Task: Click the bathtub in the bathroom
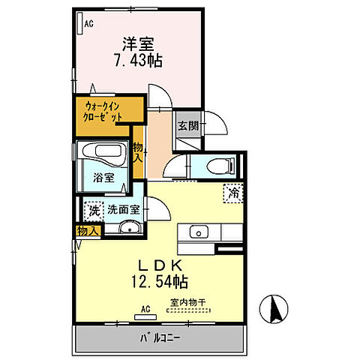pos(106,152)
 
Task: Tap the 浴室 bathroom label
pos(104,178)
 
